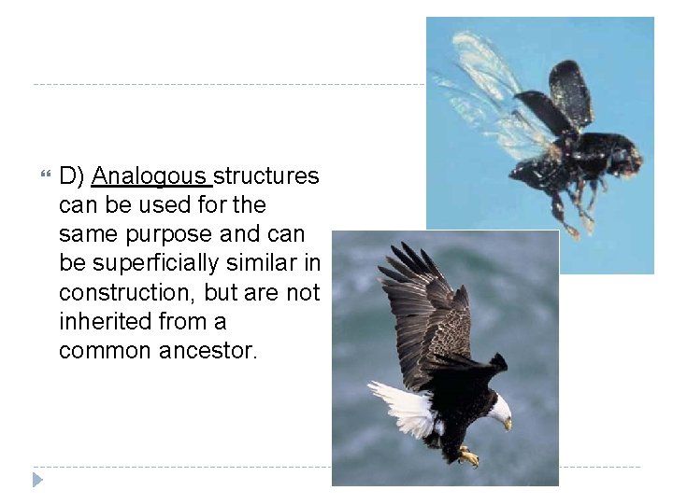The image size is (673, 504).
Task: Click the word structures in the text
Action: tap(267, 176)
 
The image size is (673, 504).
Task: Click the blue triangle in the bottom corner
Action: tap(37, 480)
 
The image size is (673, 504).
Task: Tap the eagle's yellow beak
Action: tap(508, 423)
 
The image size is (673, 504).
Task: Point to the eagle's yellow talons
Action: tap(468, 456)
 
